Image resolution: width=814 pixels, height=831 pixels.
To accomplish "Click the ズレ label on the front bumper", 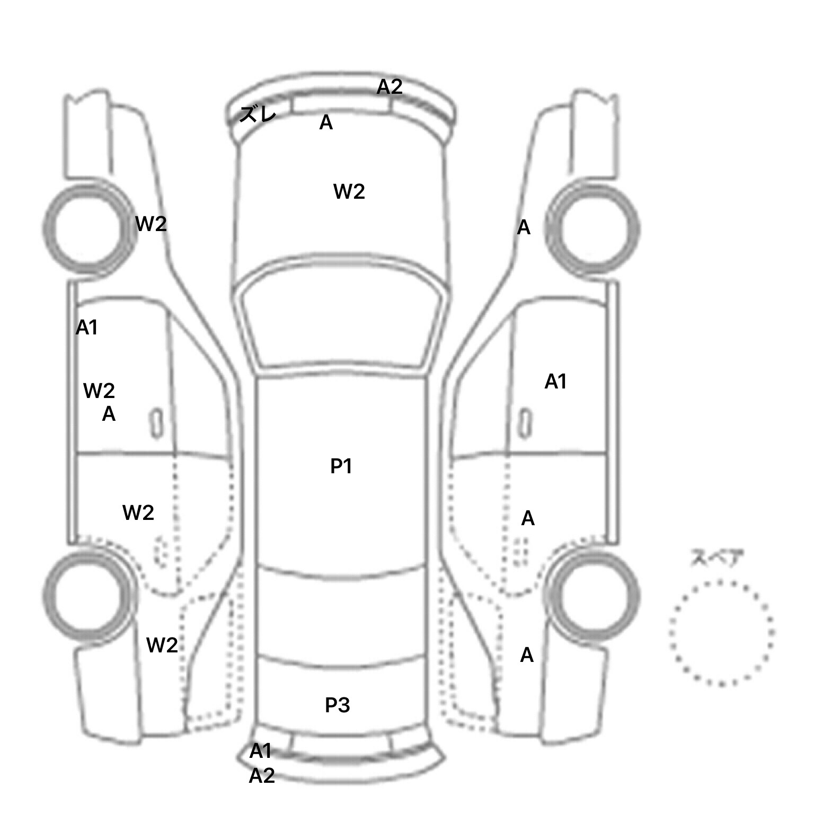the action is pyautogui.click(x=258, y=114).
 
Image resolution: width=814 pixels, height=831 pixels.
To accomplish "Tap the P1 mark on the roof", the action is pyautogui.click(x=341, y=466).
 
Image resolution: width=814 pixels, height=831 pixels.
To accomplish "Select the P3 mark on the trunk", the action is pyautogui.click(x=338, y=705).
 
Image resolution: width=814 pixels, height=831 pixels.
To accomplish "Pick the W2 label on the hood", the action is pyautogui.click(x=349, y=191).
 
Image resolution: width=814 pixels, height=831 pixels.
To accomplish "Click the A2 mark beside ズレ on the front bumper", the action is pyautogui.click(x=390, y=87).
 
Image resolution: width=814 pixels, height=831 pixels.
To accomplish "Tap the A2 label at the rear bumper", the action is pyautogui.click(x=262, y=776).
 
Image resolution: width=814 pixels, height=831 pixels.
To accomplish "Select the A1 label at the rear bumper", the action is pyautogui.click(x=260, y=750).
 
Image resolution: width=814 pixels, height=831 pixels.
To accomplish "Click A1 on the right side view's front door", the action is pyautogui.click(x=556, y=382).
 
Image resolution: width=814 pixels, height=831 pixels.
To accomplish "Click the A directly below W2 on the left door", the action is pyautogui.click(x=109, y=414).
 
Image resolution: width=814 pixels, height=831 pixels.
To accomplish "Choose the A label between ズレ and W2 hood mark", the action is pyautogui.click(x=326, y=123).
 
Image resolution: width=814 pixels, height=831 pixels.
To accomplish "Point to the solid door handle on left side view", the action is pyautogui.click(x=156, y=423).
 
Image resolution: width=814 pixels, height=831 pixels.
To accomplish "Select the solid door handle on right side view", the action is pyautogui.click(x=525, y=423).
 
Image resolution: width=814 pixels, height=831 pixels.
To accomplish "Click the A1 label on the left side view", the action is pyautogui.click(x=87, y=328).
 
